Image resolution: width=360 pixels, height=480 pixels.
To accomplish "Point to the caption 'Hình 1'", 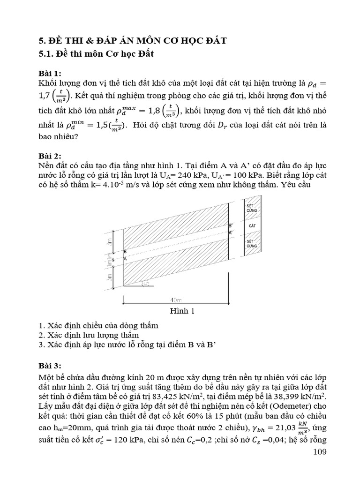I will click(x=180, y=310).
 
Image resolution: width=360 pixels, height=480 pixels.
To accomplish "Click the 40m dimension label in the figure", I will click(x=177, y=298).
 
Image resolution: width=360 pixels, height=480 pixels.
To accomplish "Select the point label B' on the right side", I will click(x=231, y=225).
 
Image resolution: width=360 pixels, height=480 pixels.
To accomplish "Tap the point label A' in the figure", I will click(x=231, y=232).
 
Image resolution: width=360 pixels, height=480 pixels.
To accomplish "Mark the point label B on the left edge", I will click(x=125, y=252).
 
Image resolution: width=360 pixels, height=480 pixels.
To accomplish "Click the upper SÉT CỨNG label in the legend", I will click(x=252, y=208).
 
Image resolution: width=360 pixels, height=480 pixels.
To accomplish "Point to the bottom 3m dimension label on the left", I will click(x=110, y=277).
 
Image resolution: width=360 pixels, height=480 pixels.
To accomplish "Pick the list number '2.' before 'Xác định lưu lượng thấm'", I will click(x=42, y=335).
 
